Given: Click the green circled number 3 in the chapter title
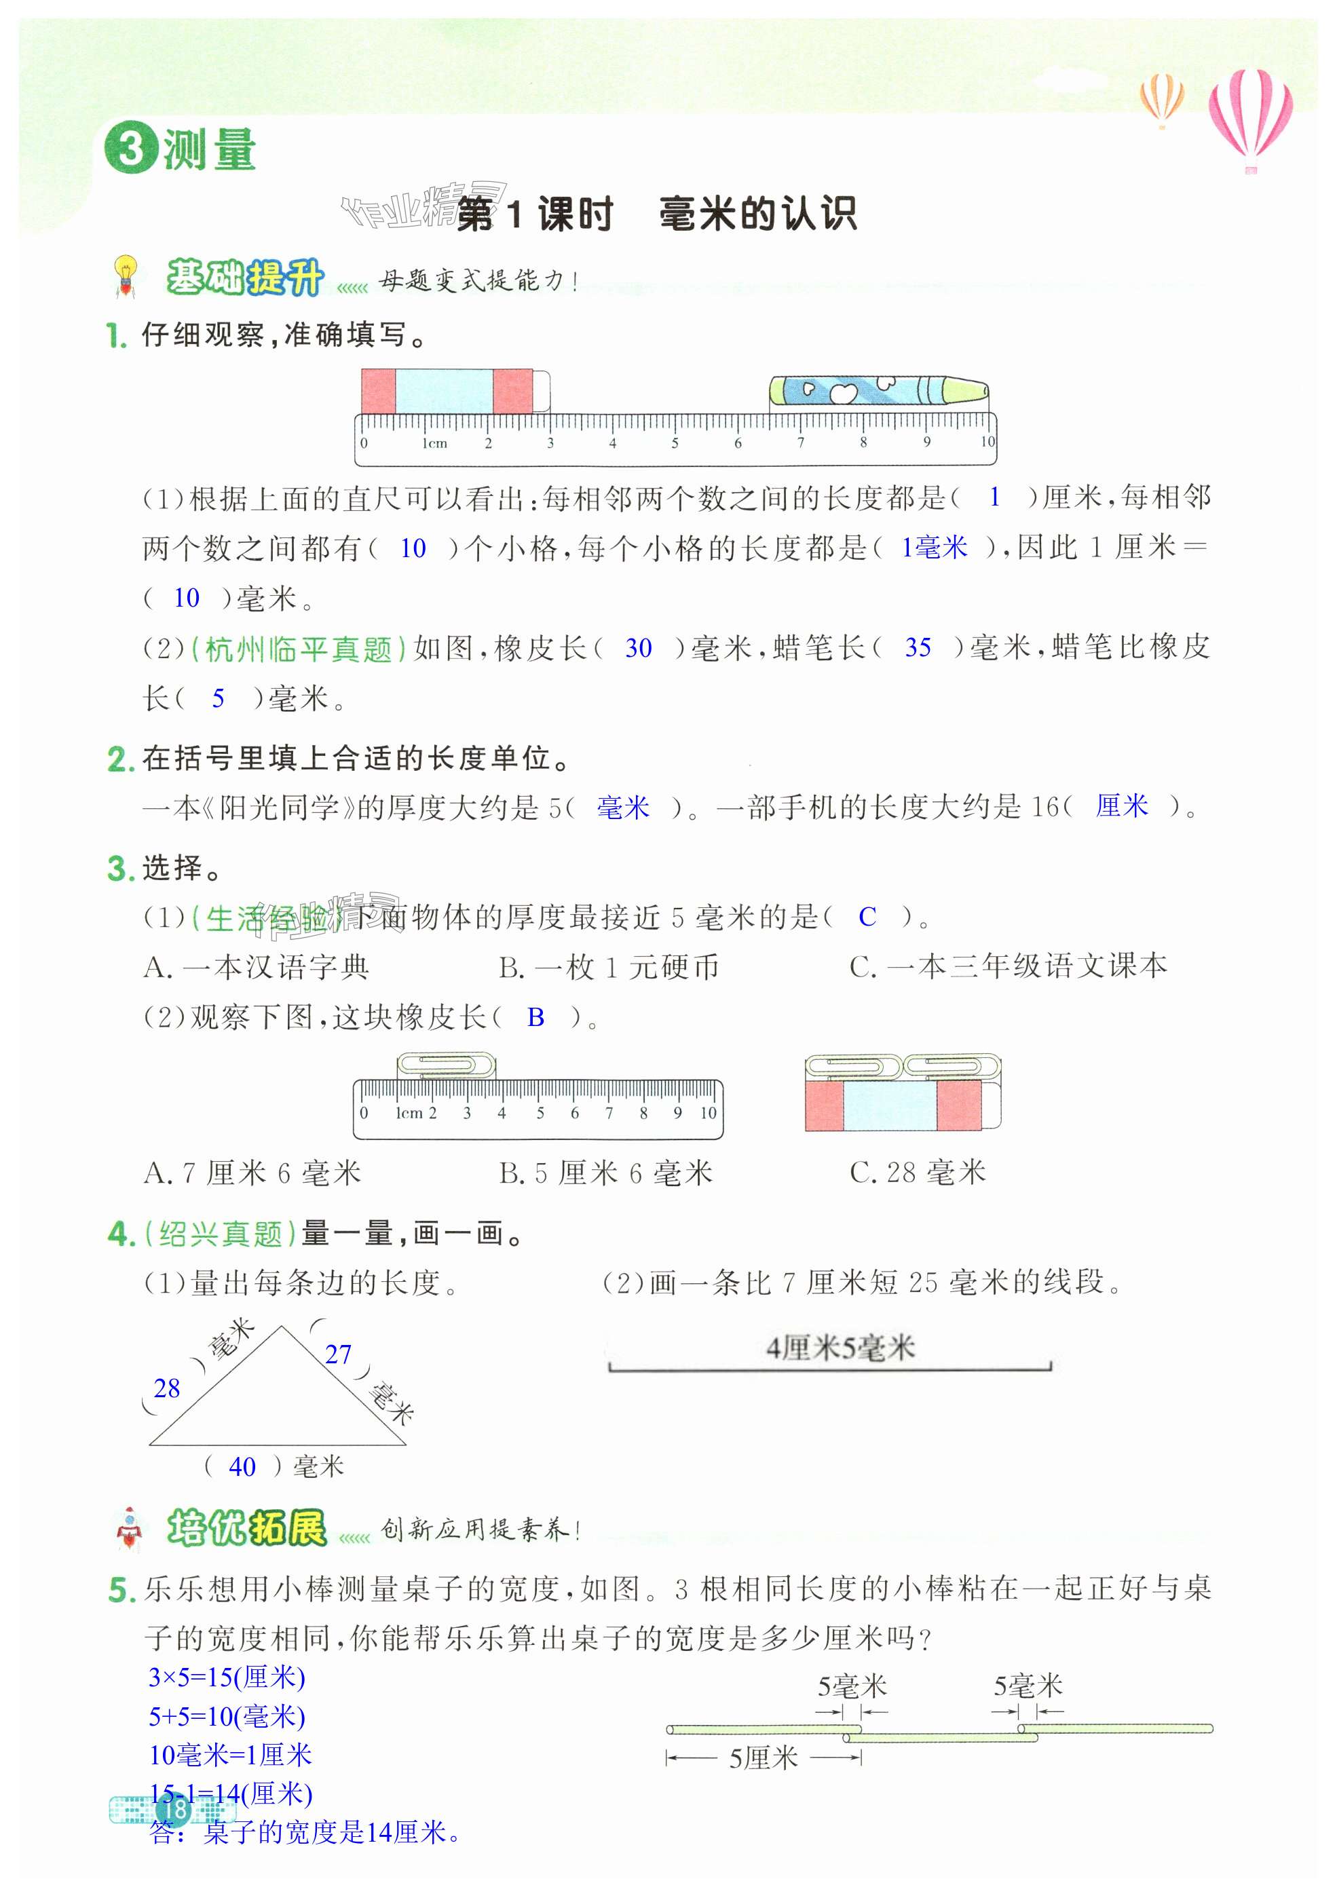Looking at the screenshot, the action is pyautogui.click(x=130, y=149).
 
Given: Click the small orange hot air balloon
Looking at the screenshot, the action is pyautogui.click(x=1162, y=98).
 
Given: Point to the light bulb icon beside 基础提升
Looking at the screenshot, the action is pyautogui.click(x=125, y=276).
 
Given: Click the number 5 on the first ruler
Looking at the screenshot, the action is pyautogui.click(x=675, y=443).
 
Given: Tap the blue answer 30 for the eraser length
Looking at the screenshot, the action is pyautogui.click(x=637, y=648).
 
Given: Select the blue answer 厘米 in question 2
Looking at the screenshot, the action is pyautogui.click(x=1121, y=805).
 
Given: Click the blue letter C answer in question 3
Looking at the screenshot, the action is pyautogui.click(x=867, y=916).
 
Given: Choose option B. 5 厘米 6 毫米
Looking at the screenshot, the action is pyautogui.click(x=605, y=1172).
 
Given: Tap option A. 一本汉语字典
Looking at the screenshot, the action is pyautogui.click(x=257, y=966).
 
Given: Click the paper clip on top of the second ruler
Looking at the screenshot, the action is pyautogui.click(x=446, y=1065).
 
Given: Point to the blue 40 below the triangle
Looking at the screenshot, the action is pyautogui.click(x=242, y=1466).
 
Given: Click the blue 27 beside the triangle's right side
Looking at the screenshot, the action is pyautogui.click(x=337, y=1354).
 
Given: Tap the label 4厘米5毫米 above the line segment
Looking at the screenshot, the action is pyautogui.click(x=840, y=1348).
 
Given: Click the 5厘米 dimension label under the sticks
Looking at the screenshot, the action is pyautogui.click(x=762, y=1758).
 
